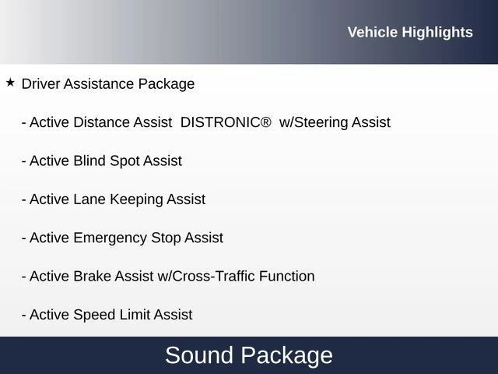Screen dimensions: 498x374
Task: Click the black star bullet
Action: [10, 83]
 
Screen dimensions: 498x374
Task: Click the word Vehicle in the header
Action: [373, 32]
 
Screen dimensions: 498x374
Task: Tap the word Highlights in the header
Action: [437, 33]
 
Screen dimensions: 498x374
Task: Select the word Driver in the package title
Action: [40, 84]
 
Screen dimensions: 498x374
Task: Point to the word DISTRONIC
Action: [221, 122]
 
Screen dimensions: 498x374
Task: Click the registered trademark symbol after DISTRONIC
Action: [266, 122]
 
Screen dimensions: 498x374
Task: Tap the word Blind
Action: [89, 161]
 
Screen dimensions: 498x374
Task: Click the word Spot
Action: [124, 161]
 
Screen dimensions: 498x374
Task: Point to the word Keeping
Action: [136, 199]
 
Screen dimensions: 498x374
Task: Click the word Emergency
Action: [110, 238]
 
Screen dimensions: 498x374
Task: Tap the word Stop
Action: [166, 238]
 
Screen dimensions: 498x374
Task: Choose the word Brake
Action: [92, 276]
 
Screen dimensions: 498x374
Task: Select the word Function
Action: [287, 276]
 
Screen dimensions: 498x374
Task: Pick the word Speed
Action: [94, 315]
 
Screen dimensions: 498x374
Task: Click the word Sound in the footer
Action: [199, 355]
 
